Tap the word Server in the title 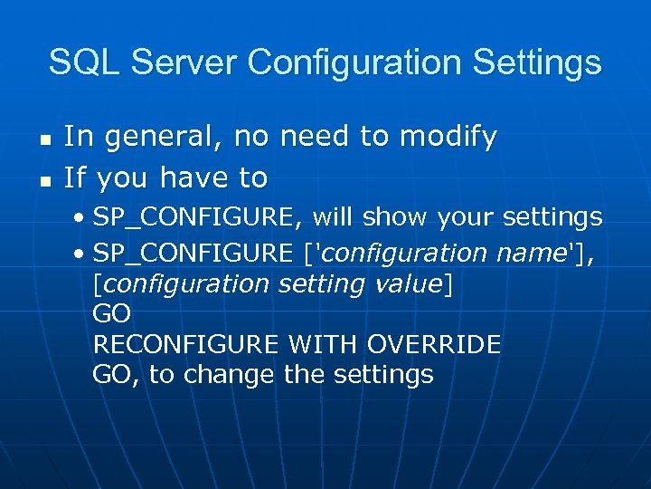(182, 62)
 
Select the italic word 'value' (407, 284)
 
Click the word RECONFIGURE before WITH (187, 345)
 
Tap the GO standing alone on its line (112, 314)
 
